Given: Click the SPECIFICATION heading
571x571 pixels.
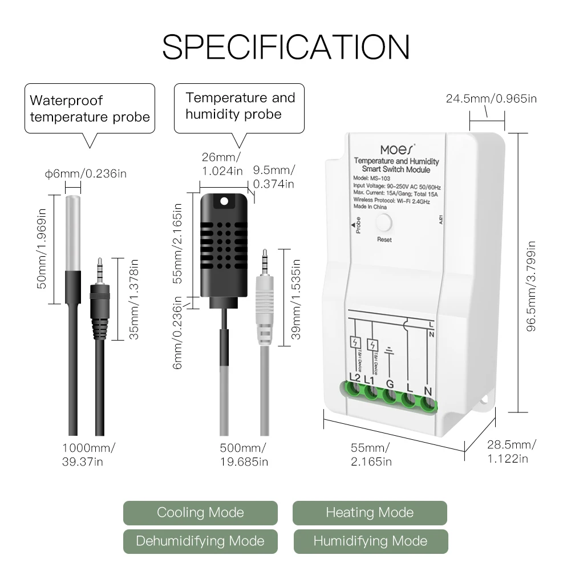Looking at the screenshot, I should (285, 46).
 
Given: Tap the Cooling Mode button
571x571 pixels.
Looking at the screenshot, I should (200, 512).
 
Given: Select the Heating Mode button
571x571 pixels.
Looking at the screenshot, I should (370, 512).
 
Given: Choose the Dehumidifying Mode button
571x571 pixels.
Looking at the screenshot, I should (200, 541).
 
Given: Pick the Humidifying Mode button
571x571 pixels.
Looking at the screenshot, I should (370, 541).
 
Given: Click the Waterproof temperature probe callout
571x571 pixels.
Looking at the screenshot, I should (90, 108).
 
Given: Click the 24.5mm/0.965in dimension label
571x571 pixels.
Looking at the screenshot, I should (491, 99).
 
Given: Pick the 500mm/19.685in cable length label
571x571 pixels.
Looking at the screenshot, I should (244, 453).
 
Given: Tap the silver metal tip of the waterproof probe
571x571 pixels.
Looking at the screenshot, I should (73, 231).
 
